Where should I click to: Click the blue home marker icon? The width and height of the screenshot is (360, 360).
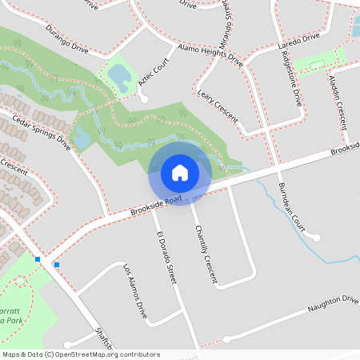(x=180, y=172)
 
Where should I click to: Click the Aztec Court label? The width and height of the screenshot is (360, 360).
(x=155, y=73)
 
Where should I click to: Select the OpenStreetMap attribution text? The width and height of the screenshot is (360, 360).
(x=81, y=354)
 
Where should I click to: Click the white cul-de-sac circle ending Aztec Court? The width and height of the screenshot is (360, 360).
(x=144, y=99)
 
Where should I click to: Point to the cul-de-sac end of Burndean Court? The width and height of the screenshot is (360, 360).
(x=316, y=238)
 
